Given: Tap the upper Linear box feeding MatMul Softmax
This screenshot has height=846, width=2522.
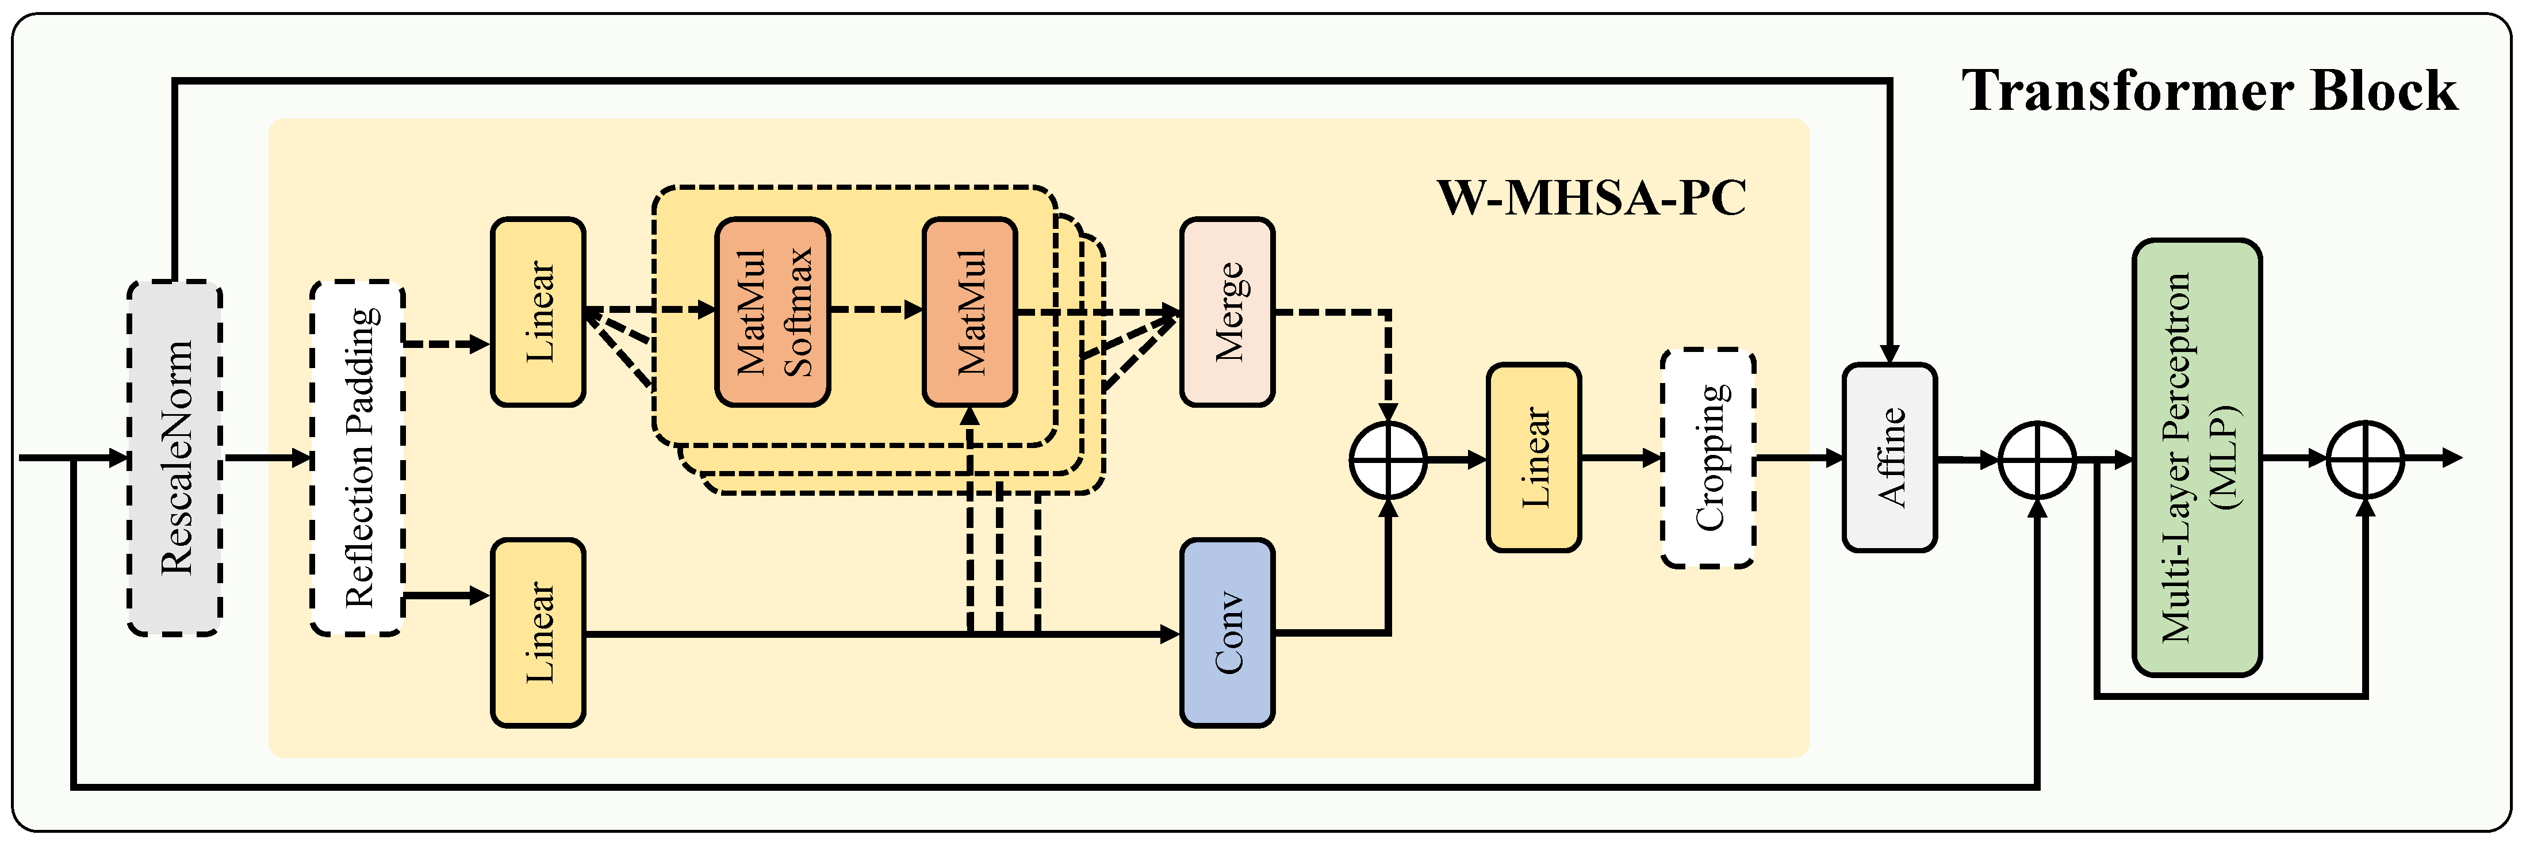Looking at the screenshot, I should point(538,311).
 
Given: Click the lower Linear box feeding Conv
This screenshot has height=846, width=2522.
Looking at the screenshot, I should point(538,633).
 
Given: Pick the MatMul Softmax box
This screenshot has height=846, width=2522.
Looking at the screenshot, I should point(772,311).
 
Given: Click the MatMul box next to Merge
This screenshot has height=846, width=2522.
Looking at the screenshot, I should point(969,311).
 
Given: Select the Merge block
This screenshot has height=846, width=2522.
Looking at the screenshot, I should point(1226,311).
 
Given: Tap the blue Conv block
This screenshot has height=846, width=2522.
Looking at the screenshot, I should point(1226,633).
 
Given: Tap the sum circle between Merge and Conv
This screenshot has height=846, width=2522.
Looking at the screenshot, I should point(1388,459).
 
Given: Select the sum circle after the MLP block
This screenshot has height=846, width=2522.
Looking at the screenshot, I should point(2364,459).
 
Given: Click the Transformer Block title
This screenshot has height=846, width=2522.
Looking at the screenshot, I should point(2209,91).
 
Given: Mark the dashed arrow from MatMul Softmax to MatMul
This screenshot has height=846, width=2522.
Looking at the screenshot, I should point(876,311).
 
